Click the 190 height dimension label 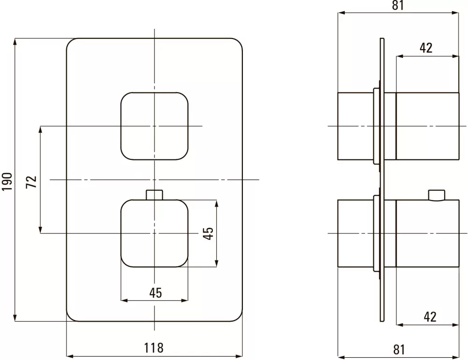click(x=7, y=180)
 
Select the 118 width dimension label click(x=154, y=348)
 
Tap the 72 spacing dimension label click(x=31, y=180)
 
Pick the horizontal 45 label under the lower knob click(x=155, y=293)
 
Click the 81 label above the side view click(x=398, y=6)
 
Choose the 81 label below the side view click(x=399, y=349)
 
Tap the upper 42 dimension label click(x=426, y=48)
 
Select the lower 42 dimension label click(x=430, y=317)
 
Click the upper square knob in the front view click(x=154, y=126)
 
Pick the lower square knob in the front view click(x=154, y=233)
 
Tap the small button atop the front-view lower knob click(x=154, y=194)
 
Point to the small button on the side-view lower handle click(x=437, y=195)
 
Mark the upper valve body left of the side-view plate click(x=355, y=126)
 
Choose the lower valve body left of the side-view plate click(x=355, y=233)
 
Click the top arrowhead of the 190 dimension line click(x=16, y=42)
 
